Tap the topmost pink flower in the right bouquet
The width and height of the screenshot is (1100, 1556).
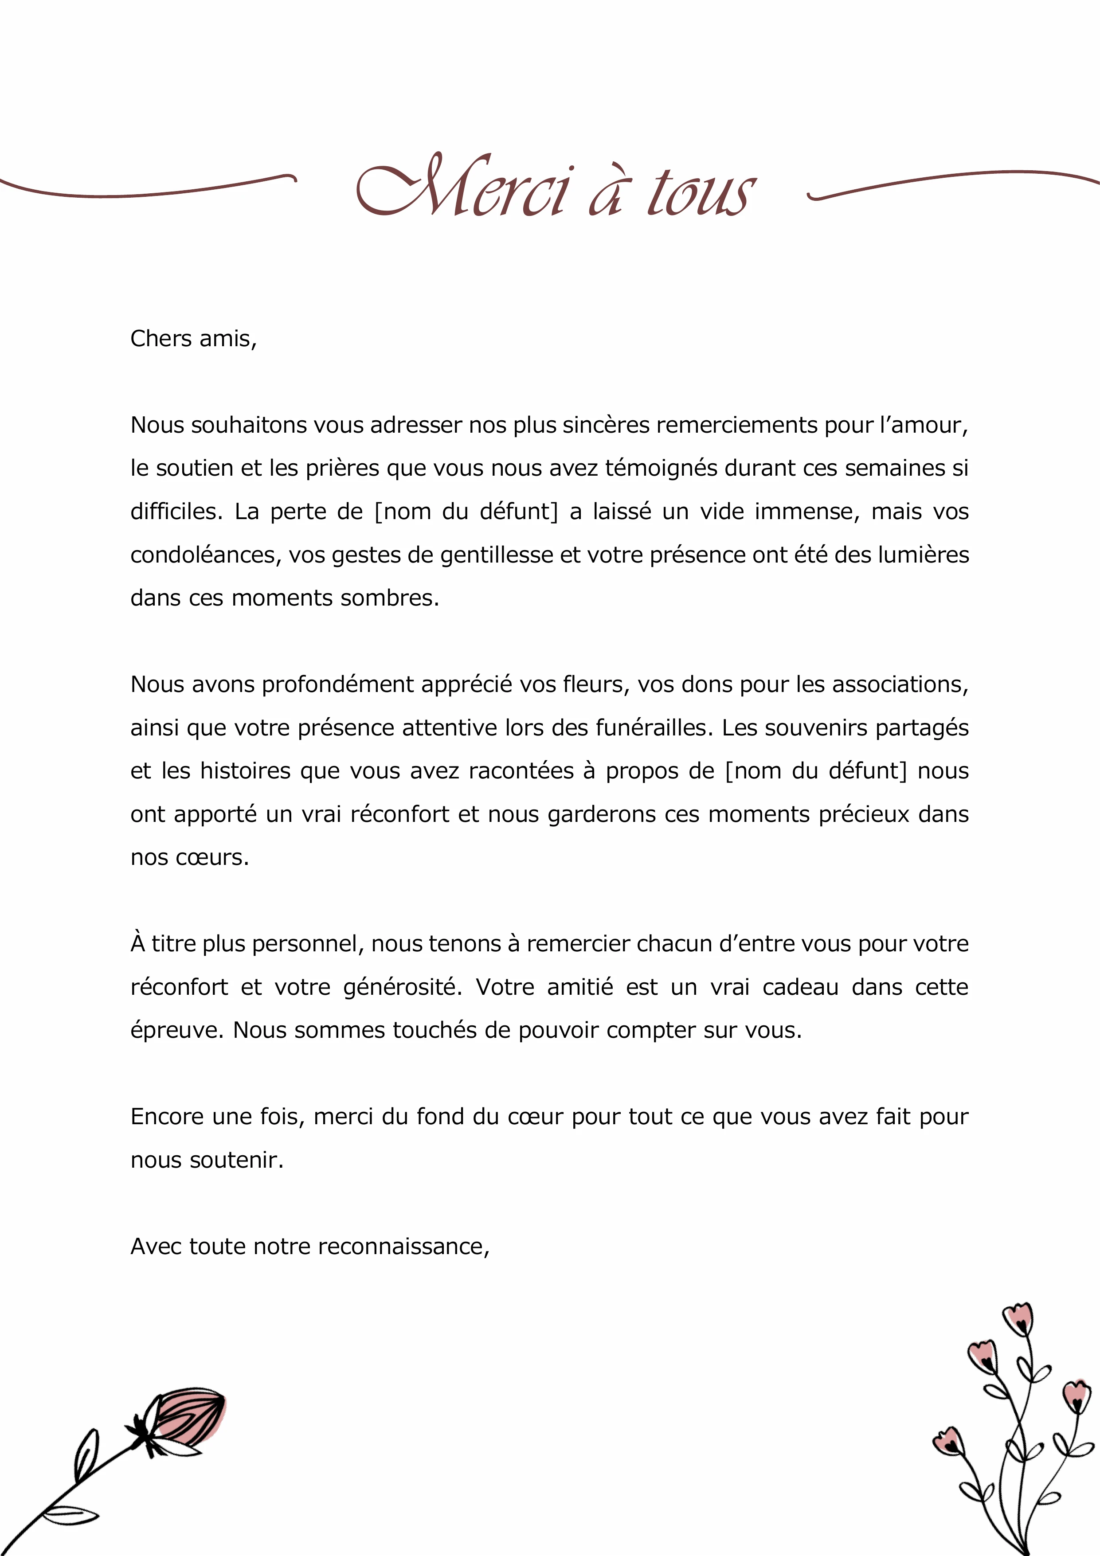1018,1318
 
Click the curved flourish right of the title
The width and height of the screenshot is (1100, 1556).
949,182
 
